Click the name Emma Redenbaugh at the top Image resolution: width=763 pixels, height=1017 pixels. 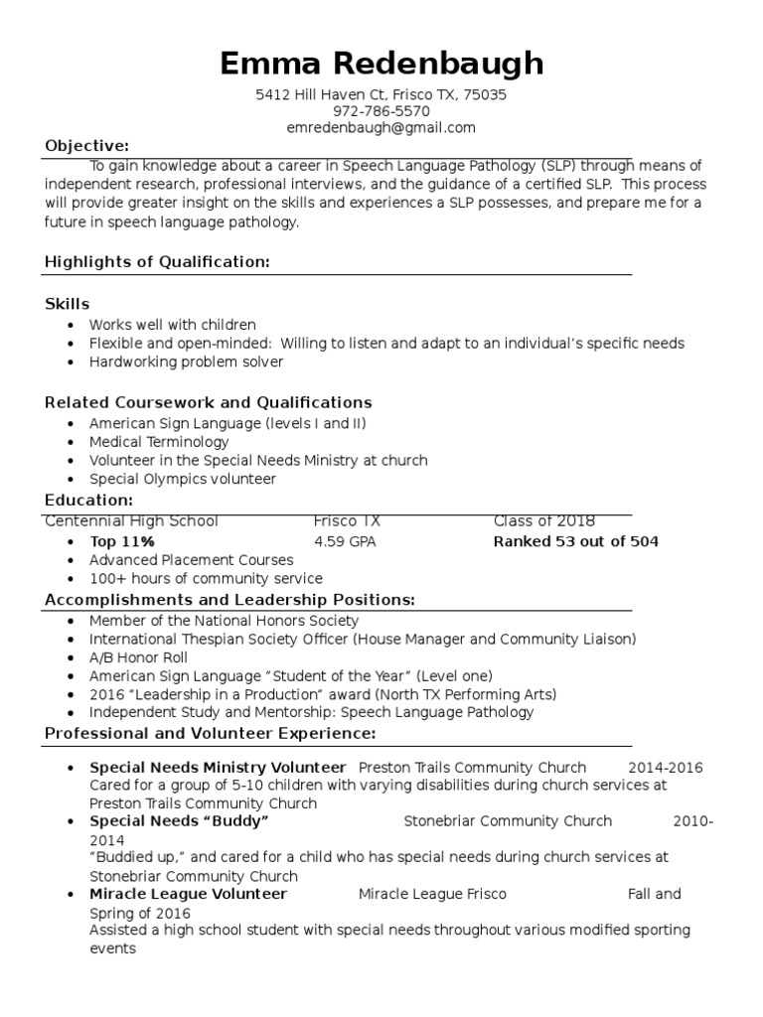381,64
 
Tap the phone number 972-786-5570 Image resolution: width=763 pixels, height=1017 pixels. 381,111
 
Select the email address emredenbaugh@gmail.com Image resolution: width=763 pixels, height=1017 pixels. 381,128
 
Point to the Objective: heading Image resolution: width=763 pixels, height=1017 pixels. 86,146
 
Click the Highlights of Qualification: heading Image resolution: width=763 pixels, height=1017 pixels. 157,261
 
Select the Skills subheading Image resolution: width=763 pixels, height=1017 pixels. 68,304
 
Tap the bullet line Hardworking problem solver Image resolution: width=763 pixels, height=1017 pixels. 186,362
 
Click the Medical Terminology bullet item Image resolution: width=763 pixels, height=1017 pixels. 159,441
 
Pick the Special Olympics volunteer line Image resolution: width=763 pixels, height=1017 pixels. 183,479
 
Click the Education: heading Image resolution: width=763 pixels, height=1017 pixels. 88,500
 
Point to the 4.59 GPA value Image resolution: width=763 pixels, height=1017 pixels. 345,541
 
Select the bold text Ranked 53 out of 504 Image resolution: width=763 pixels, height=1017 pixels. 575,541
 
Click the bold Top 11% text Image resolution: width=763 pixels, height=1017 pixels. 122,541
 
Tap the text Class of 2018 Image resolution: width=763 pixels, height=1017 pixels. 543,521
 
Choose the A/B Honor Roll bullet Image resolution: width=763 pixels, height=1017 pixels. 138,657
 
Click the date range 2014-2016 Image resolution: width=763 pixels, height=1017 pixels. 665,767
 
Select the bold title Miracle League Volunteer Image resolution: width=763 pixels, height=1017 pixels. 188,894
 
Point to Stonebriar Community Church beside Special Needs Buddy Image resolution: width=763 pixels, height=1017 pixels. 508,821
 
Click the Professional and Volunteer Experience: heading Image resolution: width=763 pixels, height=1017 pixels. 210,733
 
